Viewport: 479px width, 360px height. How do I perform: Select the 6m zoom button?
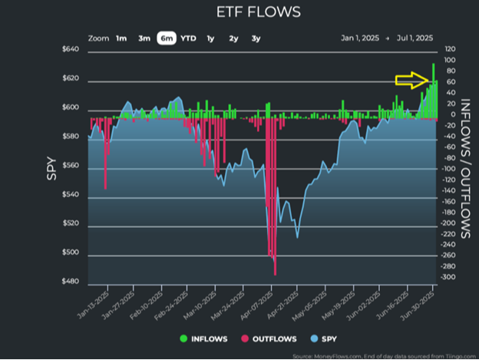(x=167, y=38)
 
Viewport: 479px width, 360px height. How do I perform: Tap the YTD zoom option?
(x=188, y=38)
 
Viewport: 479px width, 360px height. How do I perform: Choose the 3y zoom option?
(x=256, y=38)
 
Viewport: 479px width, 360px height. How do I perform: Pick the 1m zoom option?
(x=121, y=38)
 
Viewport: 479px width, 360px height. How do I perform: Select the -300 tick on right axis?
(x=448, y=278)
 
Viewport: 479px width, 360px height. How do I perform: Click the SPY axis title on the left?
(x=52, y=167)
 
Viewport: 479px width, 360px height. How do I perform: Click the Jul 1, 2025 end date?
(x=415, y=38)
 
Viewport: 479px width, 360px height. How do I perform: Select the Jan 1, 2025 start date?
(x=360, y=38)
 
